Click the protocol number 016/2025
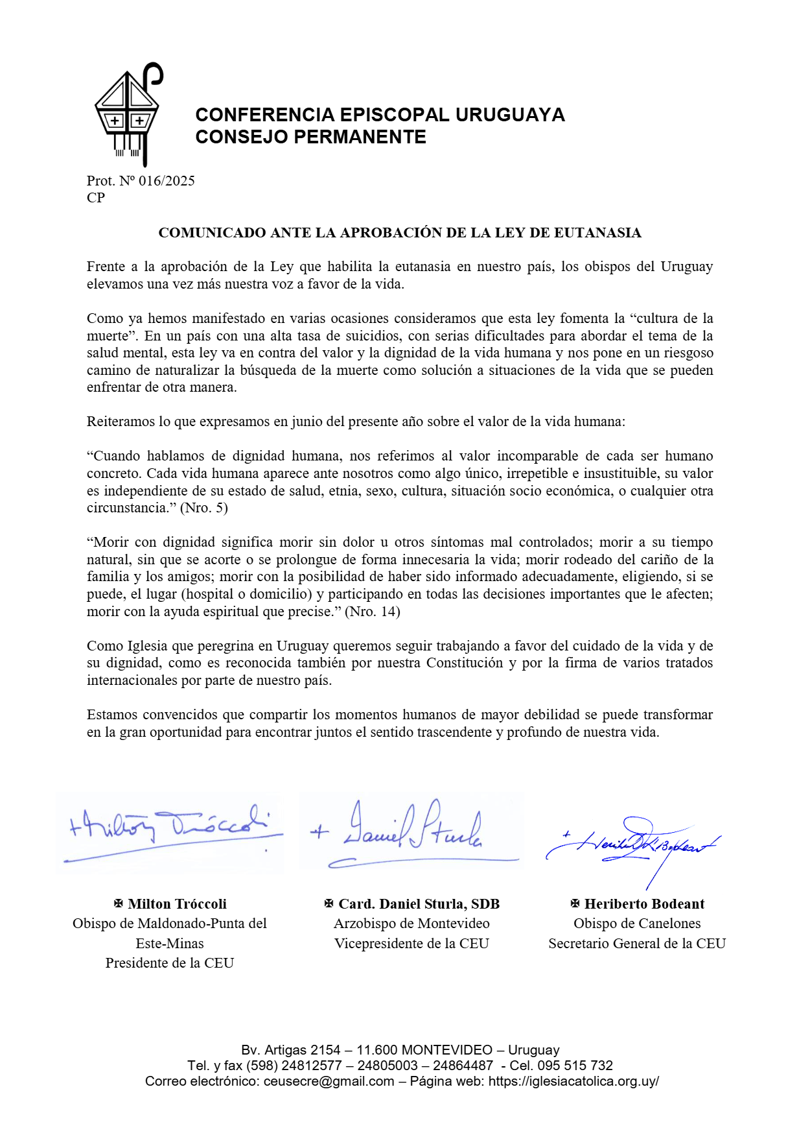(167, 181)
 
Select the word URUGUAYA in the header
(510, 115)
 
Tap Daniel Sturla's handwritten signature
(412, 830)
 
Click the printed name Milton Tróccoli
(177, 904)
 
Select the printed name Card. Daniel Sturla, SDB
(419, 904)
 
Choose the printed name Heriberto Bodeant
(644, 904)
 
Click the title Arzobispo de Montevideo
(411, 924)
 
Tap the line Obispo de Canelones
(637, 924)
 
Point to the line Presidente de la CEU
(170, 963)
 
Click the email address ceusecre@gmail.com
(329, 1081)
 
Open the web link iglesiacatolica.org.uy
(573, 1081)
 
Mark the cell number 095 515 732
(574, 1066)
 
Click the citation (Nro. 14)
(372, 612)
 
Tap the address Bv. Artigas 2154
(290, 1050)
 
